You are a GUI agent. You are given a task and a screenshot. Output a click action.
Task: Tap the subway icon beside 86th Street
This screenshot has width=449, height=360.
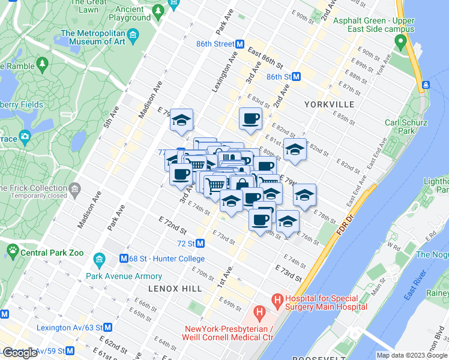tap(239, 44)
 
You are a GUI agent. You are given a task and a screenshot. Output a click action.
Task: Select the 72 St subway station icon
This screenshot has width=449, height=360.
tap(200, 244)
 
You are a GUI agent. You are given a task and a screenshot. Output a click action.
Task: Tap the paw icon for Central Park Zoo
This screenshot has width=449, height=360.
tap(12, 249)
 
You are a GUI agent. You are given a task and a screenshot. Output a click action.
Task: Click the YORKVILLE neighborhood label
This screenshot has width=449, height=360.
tap(329, 104)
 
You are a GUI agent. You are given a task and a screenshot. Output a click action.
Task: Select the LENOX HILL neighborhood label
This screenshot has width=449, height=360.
tap(175, 289)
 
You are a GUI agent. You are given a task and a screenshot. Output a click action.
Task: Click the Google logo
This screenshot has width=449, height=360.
tap(20, 353)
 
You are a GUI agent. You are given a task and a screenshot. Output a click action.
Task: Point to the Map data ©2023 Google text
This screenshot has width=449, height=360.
tap(412, 355)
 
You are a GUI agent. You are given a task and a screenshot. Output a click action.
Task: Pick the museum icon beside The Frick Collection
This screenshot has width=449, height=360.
tap(74, 190)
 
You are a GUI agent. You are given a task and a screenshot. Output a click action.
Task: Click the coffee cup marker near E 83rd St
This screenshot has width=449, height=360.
tap(250, 119)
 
